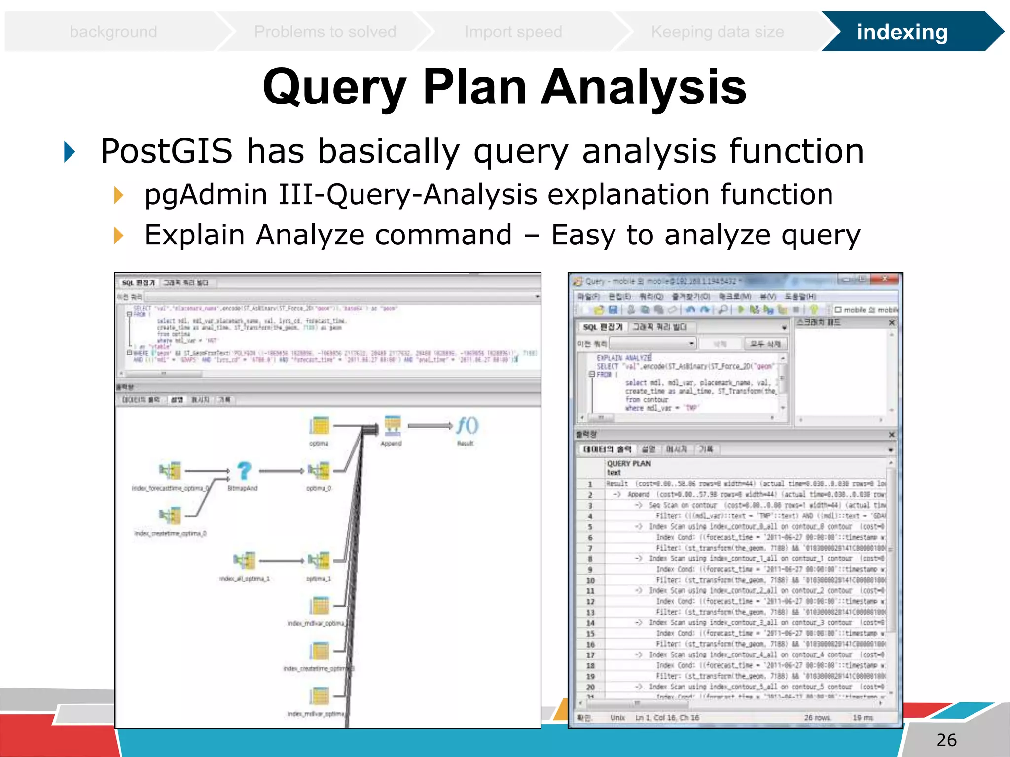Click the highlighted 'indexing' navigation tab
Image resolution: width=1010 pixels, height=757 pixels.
(x=902, y=32)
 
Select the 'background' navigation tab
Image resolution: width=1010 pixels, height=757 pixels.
(x=113, y=32)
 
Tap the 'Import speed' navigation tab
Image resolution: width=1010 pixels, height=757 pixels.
(x=513, y=32)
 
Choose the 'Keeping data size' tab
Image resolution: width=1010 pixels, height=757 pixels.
(x=717, y=32)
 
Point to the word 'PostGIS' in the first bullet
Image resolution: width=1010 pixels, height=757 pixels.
(x=166, y=151)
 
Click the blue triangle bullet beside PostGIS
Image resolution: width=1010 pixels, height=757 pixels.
(x=70, y=151)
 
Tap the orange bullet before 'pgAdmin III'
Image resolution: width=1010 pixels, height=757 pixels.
(x=118, y=195)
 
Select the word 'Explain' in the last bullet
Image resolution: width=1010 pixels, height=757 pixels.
(x=194, y=235)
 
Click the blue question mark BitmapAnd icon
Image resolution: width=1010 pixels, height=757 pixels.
(x=244, y=471)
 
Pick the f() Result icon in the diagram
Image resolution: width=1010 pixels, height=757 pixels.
(x=466, y=426)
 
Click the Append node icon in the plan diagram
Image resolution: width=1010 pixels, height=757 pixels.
(x=392, y=426)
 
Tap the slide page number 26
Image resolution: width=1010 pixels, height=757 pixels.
(x=946, y=740)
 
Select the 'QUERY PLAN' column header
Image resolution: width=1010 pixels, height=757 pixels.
(x=629, y=464)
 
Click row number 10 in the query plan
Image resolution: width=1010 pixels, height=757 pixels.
(x=590, y=580)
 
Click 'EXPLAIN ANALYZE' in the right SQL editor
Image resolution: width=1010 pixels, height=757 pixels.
(x=624, y=358)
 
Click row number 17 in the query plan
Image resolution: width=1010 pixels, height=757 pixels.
(x=590, y=655)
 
